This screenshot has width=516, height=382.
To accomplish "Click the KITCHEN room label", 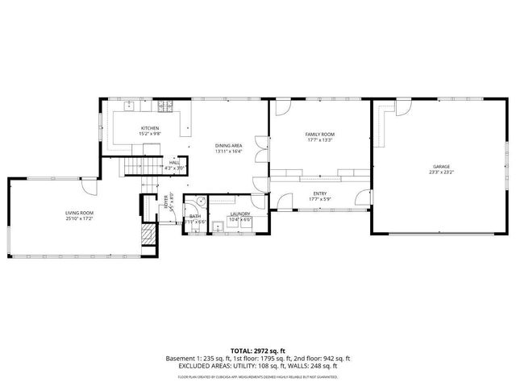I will click(x=150, y=128).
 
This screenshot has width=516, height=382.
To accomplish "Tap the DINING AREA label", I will click(x=229, y=145).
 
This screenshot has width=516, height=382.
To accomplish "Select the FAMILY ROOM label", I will click(x=319, y=134).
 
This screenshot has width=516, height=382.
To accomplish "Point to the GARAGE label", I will click(x=440, y=167).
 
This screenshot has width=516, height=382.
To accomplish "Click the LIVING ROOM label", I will click(x=80, y=213).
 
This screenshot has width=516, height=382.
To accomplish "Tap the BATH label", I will click(x=195, y=216).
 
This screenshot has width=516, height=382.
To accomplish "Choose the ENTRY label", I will click(x=320, y=193).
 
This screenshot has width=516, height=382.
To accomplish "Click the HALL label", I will click(x=174, y=162).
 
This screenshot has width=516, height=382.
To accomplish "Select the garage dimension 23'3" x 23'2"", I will click(x=440, y=172).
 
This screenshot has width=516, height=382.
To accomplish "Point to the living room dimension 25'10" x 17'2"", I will click(x=80, y=218).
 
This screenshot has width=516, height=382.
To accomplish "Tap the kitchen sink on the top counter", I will click(x=130, y=105).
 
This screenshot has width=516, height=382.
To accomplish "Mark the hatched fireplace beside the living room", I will click(x=147, y=235).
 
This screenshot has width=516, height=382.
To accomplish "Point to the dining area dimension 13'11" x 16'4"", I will click(x=229, y=151).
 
